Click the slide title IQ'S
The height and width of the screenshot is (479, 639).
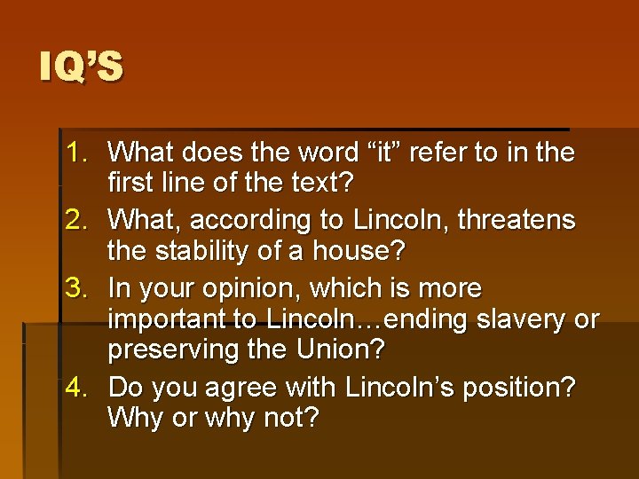point(82,67)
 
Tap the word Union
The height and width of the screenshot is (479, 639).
point(341,349)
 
